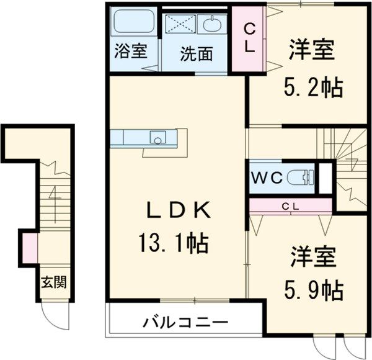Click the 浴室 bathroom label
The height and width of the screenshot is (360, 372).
click(130, 52)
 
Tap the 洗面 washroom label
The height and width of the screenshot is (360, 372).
click(197, 54)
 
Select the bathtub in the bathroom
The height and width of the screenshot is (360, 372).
click(133, 25)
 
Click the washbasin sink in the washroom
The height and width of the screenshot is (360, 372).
click(212, 26)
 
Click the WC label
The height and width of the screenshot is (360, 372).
click(267, 178)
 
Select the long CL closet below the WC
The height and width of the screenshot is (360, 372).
click(291, 205)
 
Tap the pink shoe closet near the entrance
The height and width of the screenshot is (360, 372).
click(29, 246)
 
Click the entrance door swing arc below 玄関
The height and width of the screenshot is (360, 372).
click(52, 317)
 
